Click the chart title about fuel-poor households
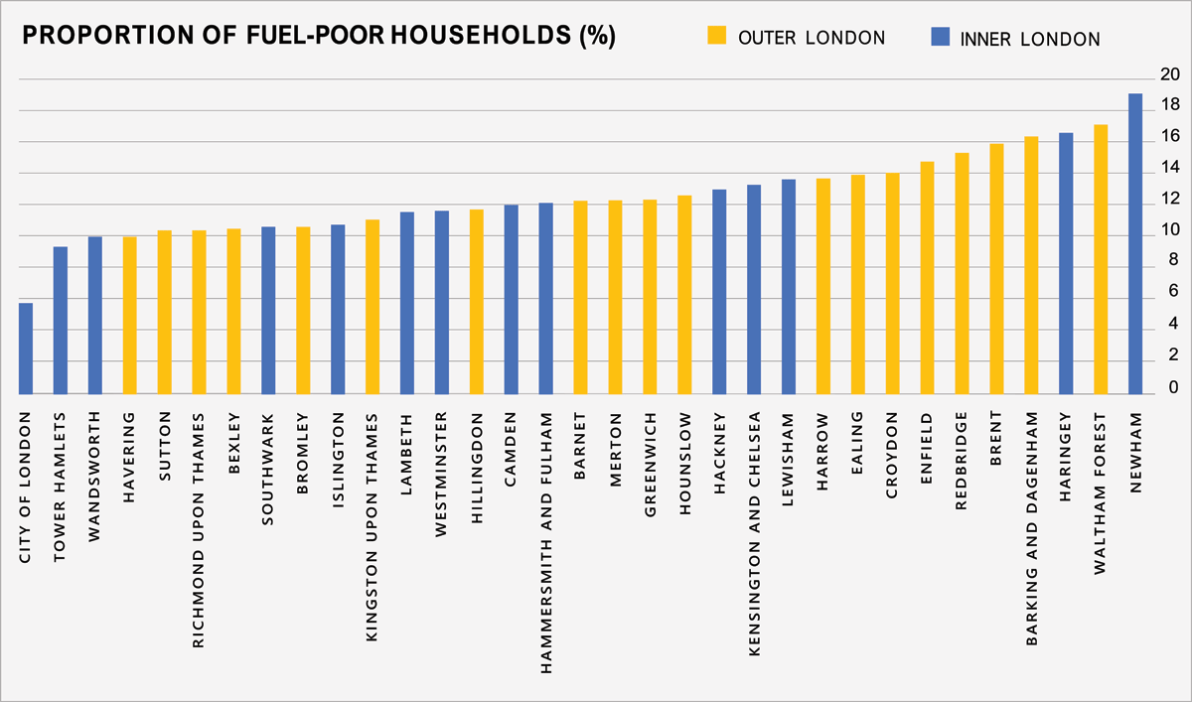(x=319, y=37)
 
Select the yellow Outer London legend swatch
(x=716, y=38)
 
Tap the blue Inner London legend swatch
(x=939, y=38)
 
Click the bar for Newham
(x=1135, y=243)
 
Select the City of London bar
(x=26, y=349)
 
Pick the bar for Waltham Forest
(x=1101, y=259)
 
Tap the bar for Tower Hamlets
(x=61, y=320)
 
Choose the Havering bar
(x=130, y=315)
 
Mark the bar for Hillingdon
(x=477, y=302)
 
